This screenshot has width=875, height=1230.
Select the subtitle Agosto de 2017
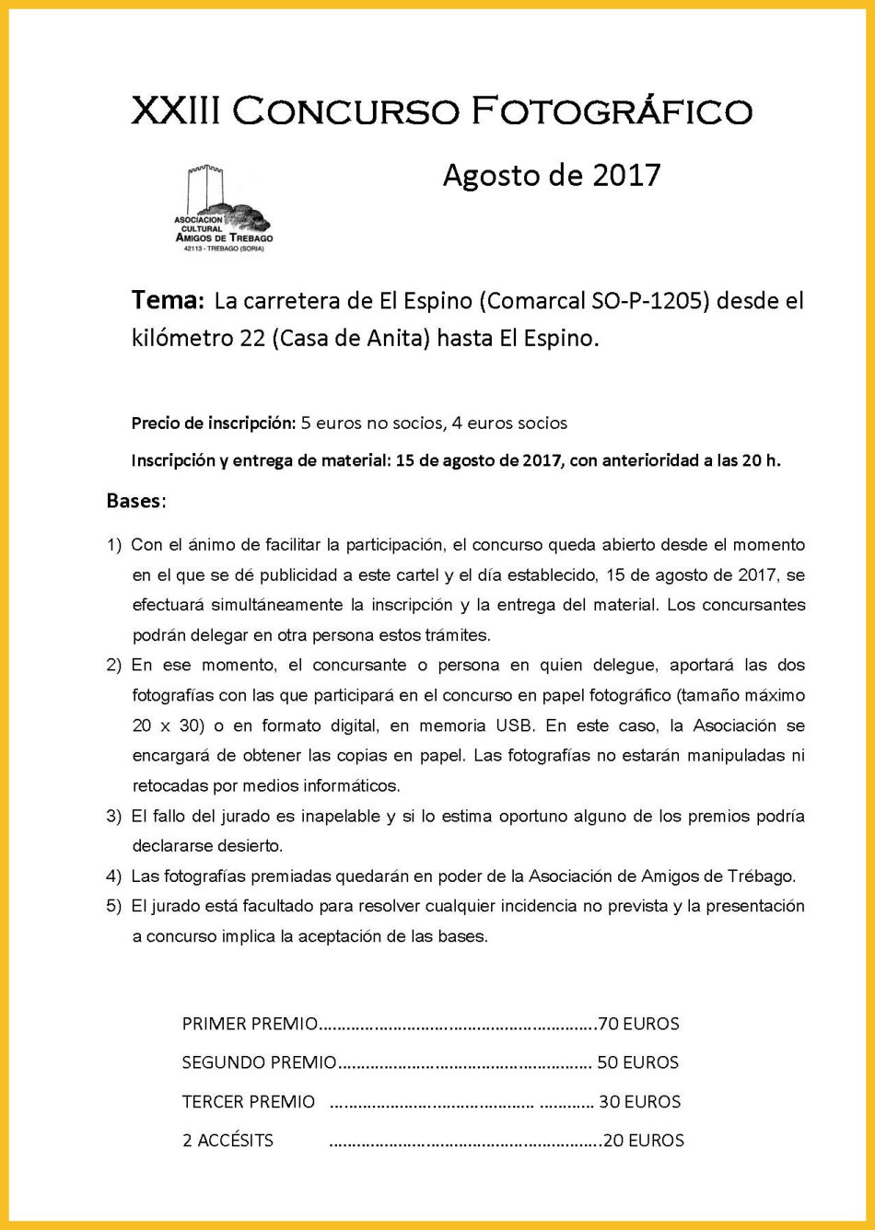(x=551, y=174)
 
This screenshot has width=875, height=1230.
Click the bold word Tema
(x=166, y=301)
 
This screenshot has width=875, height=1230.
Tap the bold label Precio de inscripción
(x=214, y=424)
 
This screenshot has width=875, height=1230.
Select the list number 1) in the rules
(x=114, y=545)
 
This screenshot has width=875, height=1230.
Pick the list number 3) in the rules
(x=114, y=816)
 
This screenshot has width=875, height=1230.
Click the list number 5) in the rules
(x=114, y=906)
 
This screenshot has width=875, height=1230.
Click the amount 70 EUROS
(x=638, y=1024)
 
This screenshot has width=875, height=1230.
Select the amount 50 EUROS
(x=637, y=1062)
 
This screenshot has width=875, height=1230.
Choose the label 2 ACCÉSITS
(x=227, y=1141)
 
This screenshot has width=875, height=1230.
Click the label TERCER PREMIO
(x=249, y=1102)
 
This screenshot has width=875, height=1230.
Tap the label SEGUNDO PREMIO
(x=259, y=1062)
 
